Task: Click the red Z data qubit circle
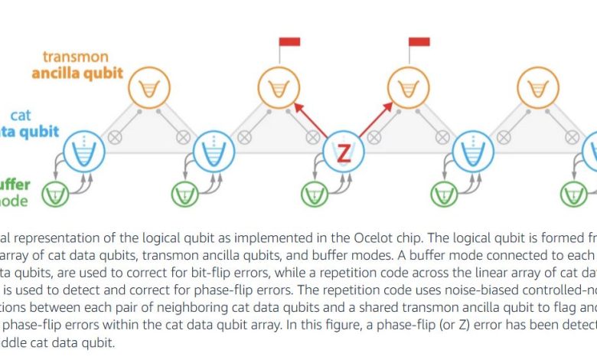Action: (342, 152)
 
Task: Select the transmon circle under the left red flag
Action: (276, 88)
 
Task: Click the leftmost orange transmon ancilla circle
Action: (146, 88)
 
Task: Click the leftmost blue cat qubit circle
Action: (83, 152)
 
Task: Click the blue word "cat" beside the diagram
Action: (48, 115)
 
